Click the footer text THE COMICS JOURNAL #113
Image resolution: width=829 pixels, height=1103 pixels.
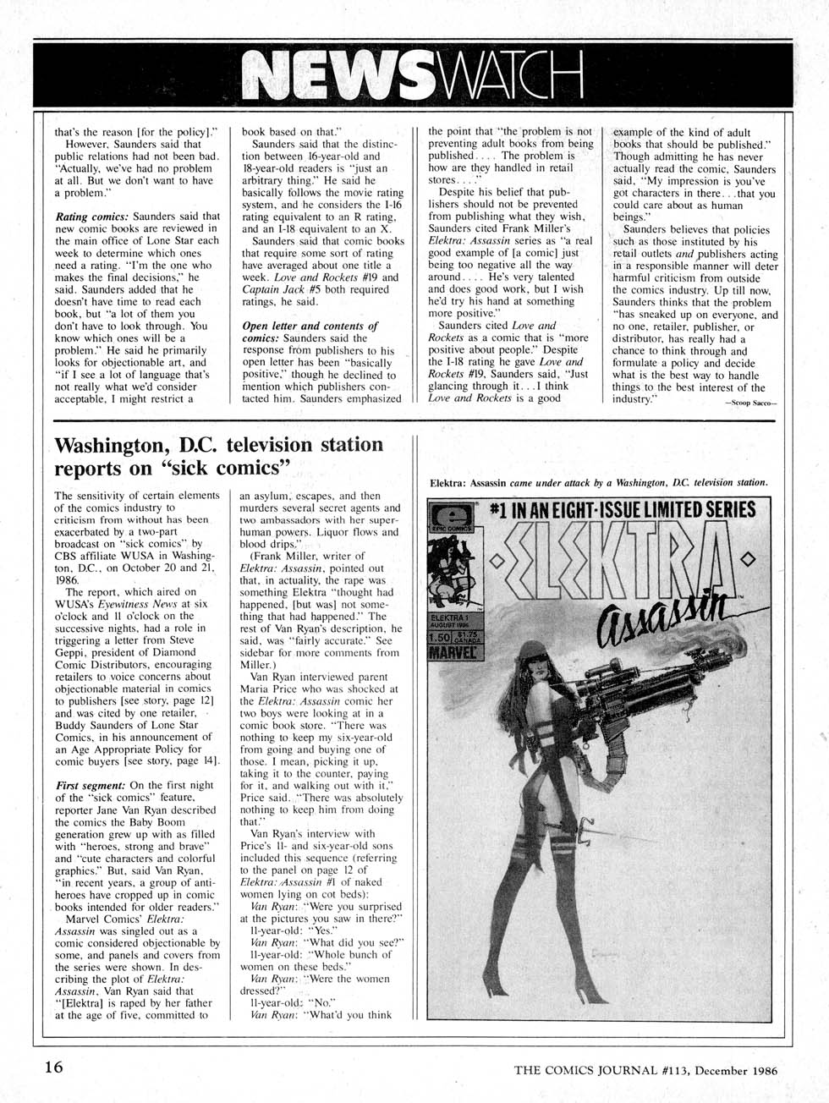pos(609,1069)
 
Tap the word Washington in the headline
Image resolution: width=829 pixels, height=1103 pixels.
pos(127,444)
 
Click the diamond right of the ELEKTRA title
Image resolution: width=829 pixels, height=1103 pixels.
pos(746,560)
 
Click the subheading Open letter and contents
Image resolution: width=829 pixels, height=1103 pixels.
pos(310,327)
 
